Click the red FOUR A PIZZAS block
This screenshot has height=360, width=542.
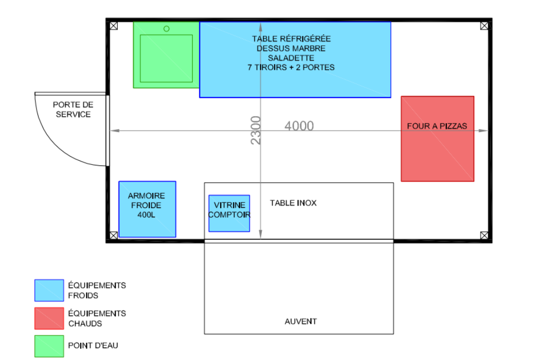tap(437, 138)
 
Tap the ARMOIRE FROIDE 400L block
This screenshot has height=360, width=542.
tap(147, 209)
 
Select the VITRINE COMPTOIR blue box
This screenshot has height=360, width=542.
tap(229, 213)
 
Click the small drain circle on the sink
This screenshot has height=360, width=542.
tap(166, 29)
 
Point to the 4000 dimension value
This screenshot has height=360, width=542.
tap(299, 126)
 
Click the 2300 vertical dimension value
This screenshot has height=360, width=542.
tap(256, 130)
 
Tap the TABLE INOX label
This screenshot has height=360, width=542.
tap(293, 203)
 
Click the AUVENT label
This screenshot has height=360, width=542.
tap(301, 322)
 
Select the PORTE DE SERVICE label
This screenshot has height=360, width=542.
tap(73, 110)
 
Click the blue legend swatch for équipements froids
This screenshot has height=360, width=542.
tap(49, 290)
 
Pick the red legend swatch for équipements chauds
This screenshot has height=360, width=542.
tap(49, 318)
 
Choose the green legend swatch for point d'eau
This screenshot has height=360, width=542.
tap(49, 346)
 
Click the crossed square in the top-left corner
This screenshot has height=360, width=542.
tap(114, 25)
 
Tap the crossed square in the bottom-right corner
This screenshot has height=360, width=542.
tap(484, 235)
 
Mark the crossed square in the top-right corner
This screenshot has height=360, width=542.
tap(484, 25)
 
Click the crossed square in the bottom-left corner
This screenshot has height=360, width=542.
tap(114, 235)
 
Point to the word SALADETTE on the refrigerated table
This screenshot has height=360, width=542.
tap(291, 58)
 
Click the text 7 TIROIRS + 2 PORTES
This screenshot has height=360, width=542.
tap(291, 68)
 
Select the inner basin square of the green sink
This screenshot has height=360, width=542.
tap(166, 58)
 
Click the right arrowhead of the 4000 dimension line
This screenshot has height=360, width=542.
tap(483, 131)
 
